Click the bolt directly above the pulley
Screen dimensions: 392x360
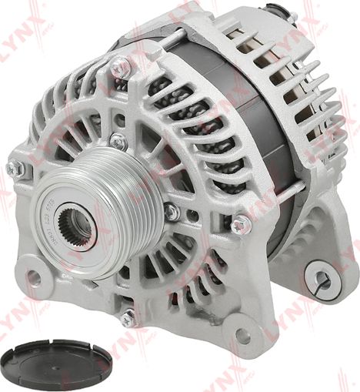tap(117, 142)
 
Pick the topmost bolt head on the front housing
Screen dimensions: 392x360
tap(121, 68)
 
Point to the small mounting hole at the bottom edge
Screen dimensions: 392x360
tap(243, 337)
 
